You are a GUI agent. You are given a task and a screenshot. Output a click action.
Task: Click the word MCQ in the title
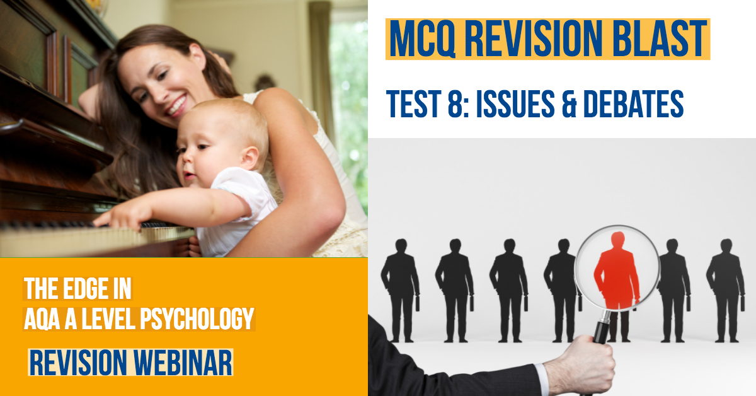click(422, 38)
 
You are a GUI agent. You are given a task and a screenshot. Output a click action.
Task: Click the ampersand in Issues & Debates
click(569, 104)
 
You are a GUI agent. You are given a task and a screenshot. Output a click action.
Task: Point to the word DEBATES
click(634, 104)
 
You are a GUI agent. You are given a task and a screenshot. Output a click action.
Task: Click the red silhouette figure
click(617, 271)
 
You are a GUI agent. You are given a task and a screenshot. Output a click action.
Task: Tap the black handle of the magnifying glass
click(601, 332)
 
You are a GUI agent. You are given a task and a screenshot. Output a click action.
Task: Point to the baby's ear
click(249, 158)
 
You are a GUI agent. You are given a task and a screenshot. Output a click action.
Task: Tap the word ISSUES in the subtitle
click(515, 104)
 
